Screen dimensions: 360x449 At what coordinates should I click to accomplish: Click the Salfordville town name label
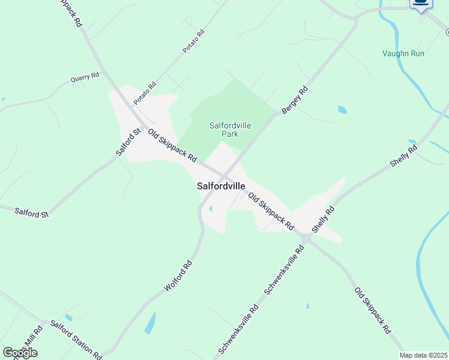pyautogui.click(x=221, y=186)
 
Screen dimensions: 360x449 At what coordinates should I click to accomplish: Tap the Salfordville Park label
pyautogui.click(x=230, y=130)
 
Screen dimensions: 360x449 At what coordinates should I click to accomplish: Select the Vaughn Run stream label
pyautogui.click(x=403, y=53)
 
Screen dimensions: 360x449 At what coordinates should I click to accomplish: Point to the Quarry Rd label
pyautogui.click(x=85, y=77)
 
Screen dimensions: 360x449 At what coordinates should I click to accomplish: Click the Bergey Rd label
pyautogui.click(x=295, y=100)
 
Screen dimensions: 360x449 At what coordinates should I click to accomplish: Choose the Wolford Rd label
pyautogui.click(x=179, y=276)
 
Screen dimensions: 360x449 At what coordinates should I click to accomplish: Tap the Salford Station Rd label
pyautogui.click(x=76, y=339)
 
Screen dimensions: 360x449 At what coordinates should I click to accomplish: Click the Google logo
pyautogui.click(x=20, y=352)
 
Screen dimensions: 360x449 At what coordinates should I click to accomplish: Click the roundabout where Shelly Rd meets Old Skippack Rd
pyautogui.click(x=307, y=238)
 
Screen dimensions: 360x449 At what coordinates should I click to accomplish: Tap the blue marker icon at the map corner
pyautogui.click(x=421, y=4)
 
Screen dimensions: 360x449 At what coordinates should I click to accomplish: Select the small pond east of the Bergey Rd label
pyautogui.click(x=342, y=110)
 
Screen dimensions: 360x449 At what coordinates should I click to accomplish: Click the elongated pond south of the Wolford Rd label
pyautogui.click(x=149, y=323)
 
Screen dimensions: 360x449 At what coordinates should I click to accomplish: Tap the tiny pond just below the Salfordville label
pyautogui.click(x=211, y=209)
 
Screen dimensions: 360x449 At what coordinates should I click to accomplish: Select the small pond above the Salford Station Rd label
pyautogui.click(x=69, y=317)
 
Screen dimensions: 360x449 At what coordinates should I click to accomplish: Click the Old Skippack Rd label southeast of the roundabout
pyautogui.click(x=372, y=311)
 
